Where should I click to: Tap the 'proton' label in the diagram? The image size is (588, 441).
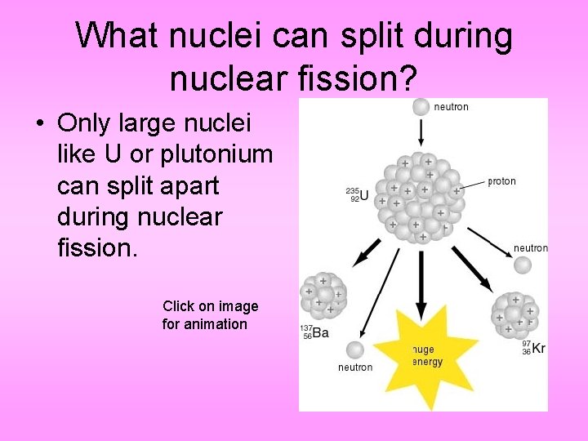point(501,181)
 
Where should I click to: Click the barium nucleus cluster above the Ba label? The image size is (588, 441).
point(323,296)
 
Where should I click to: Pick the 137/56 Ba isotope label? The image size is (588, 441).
point(314,332)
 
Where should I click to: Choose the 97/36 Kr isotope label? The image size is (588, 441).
point(533,347)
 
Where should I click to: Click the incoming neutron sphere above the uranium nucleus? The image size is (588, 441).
point(421,106)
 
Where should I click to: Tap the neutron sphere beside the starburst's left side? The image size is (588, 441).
point(354,350)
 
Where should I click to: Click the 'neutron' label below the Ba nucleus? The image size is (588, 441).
point(355,367)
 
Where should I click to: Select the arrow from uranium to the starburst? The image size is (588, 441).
point(421,282)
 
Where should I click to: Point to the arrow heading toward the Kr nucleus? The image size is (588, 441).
point(472,269)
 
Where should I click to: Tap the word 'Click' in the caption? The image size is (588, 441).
point(178,306)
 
